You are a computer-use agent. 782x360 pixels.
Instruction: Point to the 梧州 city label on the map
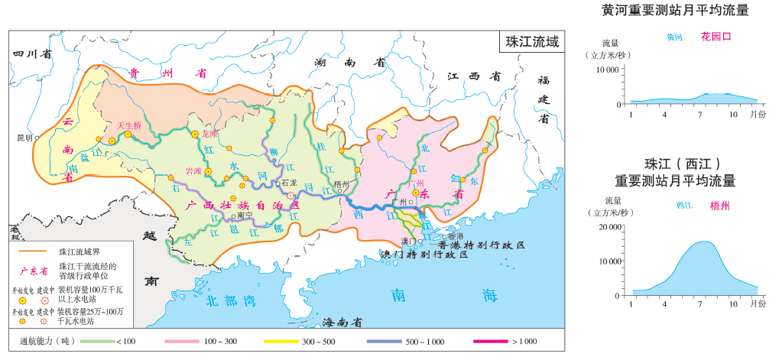[x=341, y=184]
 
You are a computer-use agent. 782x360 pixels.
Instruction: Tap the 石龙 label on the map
[x=288, y=183]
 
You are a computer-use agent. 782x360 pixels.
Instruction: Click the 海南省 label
[x=340, y=322]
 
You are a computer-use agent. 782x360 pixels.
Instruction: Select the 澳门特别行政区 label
[x=423, y=254]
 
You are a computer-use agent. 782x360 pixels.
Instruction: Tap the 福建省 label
[x=544, y=99]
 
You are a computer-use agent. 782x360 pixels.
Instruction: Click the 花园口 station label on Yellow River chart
[x=716, y=37]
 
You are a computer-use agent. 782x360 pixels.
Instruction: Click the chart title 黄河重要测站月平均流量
[x=674, y=11]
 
